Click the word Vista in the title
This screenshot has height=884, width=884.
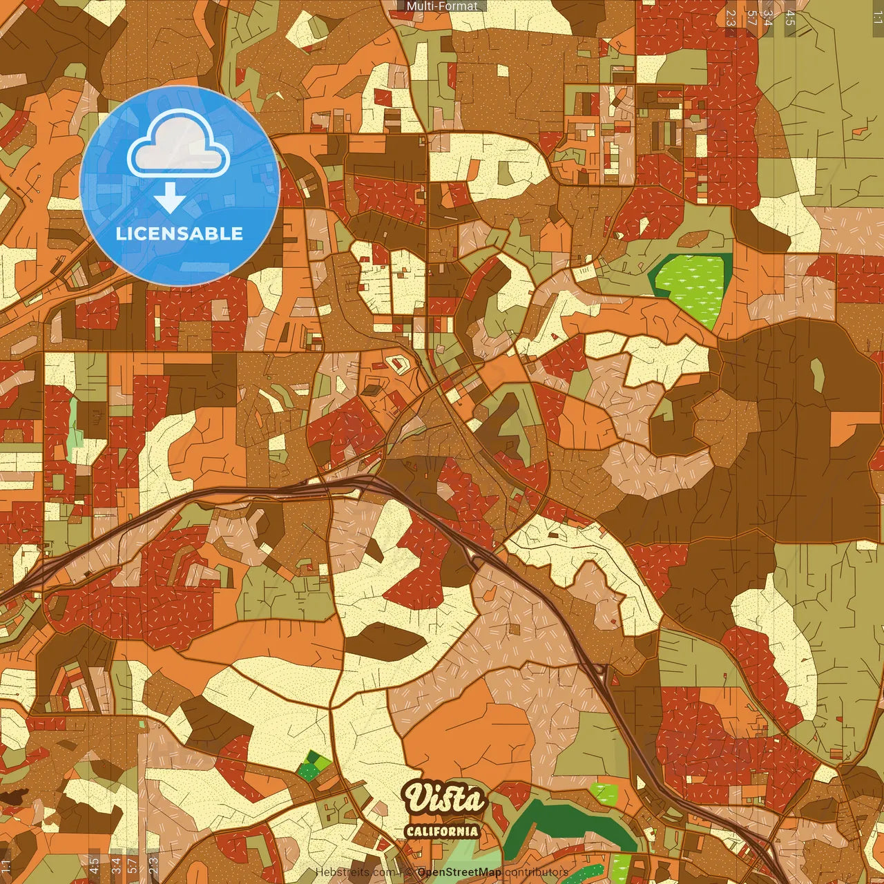[x=445, y=800]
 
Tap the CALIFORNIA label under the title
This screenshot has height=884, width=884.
[x=442, y=831]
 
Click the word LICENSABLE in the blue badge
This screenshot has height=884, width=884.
[x=180, y=233]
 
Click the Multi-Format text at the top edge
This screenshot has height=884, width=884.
[x=442, y=6]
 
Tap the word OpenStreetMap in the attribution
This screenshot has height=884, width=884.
[x=459, y=872]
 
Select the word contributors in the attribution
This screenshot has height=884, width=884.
[x=536, y=872]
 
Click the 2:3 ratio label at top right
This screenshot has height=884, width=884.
[x=731, y=18]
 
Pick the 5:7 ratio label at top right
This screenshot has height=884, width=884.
[x=751, y=18]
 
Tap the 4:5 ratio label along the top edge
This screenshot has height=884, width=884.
[x=790, y=18]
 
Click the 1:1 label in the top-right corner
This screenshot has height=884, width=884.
[x=877, y=18]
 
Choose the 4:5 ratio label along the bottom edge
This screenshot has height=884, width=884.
[x=94, y=866]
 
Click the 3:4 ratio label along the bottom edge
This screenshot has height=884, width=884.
[x=116, y=866]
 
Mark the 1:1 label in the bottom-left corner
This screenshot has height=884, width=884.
[x=6, y=866]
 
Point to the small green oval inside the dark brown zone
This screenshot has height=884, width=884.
[x=818, y=374]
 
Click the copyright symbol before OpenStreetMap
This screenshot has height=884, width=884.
[x=410, y=872]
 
